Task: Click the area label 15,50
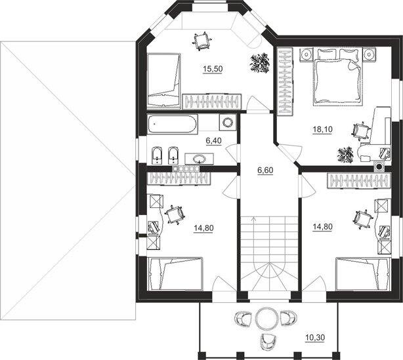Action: click(213, 69)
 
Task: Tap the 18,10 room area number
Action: click(322, 129)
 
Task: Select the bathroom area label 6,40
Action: click(213, 141)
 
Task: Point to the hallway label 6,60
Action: click(265, 170)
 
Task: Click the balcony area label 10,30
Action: click(315, 338)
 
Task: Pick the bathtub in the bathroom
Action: click(173, 125)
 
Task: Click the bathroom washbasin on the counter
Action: click(199, 159)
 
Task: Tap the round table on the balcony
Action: click(266, 318)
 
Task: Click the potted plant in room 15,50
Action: click(260, 63)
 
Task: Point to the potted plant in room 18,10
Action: click(345, 155)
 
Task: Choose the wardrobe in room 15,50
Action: click(212, 102)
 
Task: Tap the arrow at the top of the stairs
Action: click(254, 219)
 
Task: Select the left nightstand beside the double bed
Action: click(307, 54)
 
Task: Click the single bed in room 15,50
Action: click(163, 80)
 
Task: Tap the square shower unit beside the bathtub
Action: click(228, 123)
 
